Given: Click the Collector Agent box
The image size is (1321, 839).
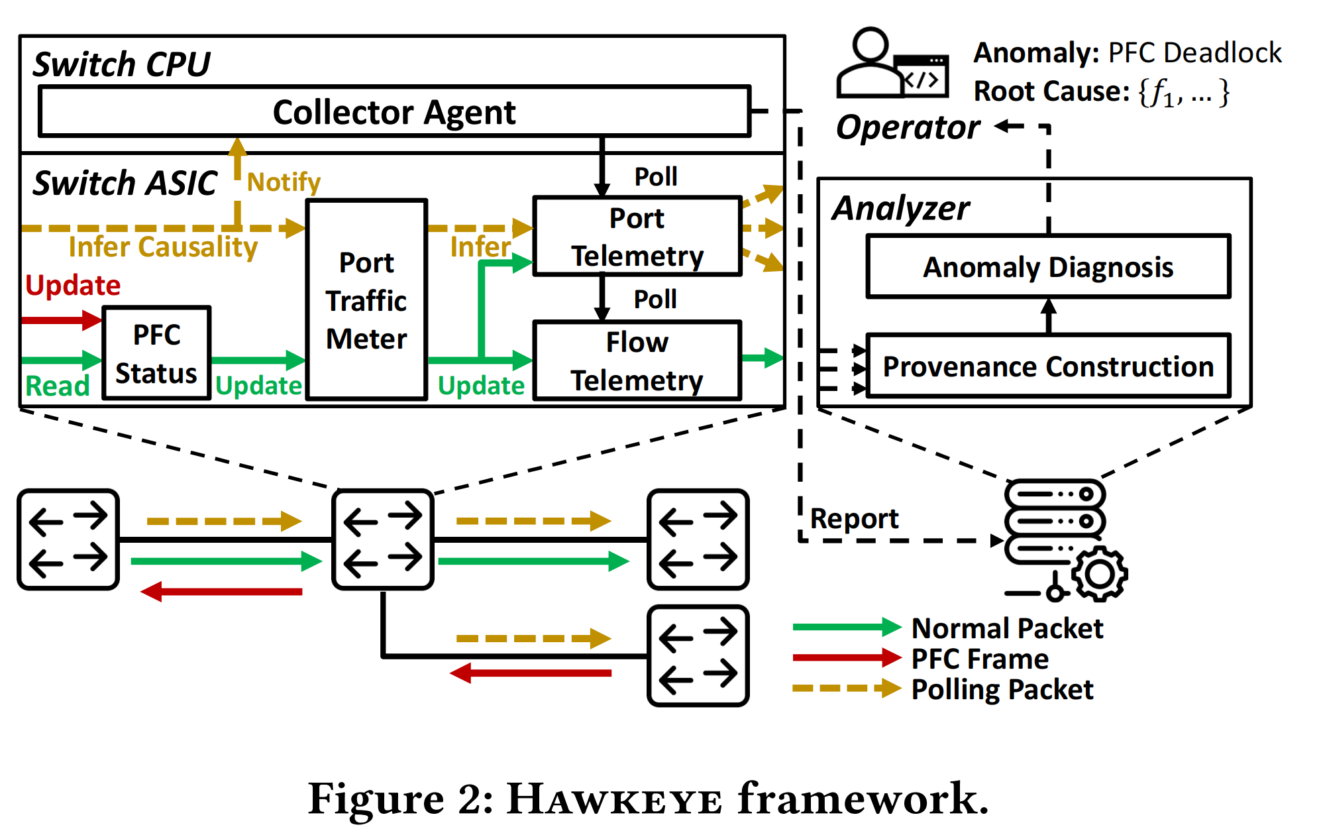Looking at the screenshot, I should pyautogui.click(x=394, y=111).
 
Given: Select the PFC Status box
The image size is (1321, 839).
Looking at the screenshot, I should pyautogui.click(x=157, y=353).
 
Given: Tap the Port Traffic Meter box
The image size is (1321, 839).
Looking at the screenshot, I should pyautogui.click(x=366, y=300).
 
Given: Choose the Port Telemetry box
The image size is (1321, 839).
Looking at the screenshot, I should pyautogui.click(x=637, y=237).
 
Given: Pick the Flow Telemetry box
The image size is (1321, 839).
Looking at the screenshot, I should pyautogui.click(x=637, y=361).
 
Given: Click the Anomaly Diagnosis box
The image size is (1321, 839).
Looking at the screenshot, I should pyautogui.click(x=1048, y=267).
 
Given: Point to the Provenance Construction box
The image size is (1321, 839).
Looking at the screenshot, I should pyautogui.click(x=1048, y=366).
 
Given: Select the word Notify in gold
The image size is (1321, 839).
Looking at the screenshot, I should pyautogui.click(x=284, y=182).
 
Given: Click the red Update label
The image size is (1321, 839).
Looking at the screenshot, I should pyautogui.click(x=73, y=286).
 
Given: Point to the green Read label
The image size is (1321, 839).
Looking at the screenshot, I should pyautogui.click(x=57, y=386).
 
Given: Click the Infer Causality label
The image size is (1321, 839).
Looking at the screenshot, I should pyautogui.click(x=163, y=247).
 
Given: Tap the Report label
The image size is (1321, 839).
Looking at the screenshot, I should pyautogui.click(x=854, y=518).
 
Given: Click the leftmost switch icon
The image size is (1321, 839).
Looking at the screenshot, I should pyautogui.click(x=68, y=539).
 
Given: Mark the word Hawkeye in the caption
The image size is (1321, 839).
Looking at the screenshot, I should pyautogui.click(x=614, y=799).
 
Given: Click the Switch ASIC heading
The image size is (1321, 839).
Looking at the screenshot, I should pyautogui.click(x=125, y=183).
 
